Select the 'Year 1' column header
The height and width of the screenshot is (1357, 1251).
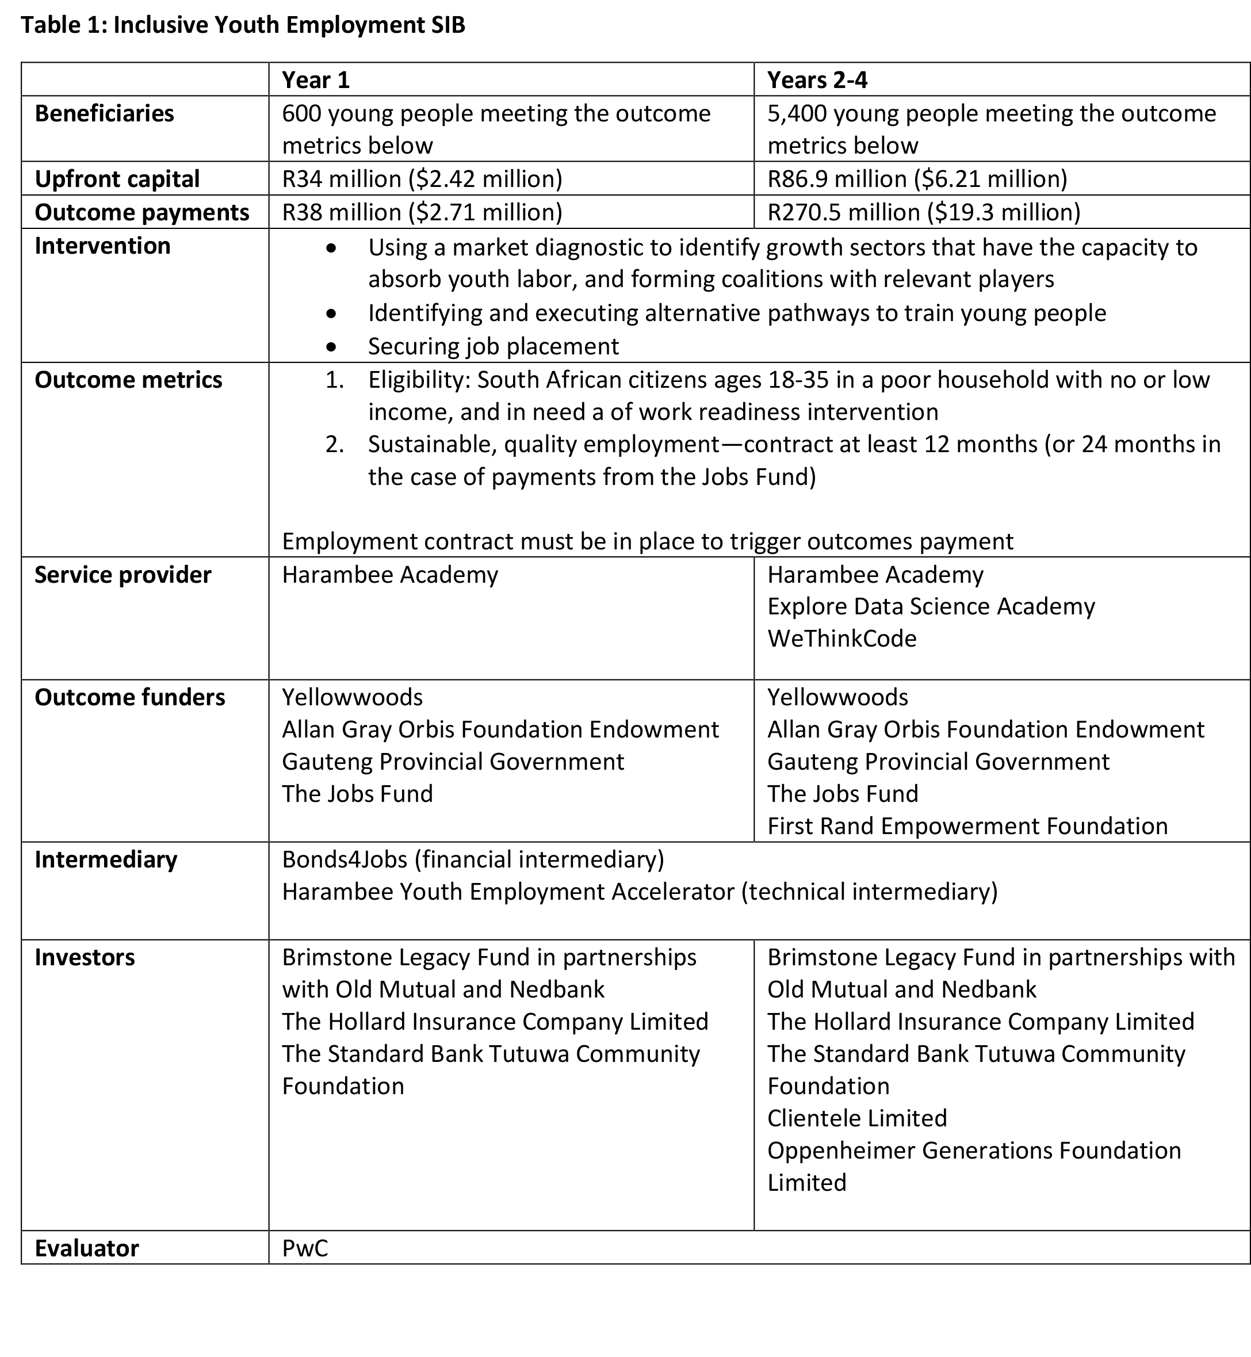pos(315,80)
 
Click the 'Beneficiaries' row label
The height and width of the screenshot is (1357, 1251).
pos(104,113)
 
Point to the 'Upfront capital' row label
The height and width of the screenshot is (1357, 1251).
pos(117,179)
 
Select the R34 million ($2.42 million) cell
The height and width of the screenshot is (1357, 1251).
pos(422,179)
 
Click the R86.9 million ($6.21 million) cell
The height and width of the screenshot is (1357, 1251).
pos(917,179)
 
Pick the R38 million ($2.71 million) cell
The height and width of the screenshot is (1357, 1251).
pos(422,212)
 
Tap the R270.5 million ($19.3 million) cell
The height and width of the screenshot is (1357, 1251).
pos(923,212)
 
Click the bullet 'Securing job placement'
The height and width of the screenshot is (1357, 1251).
pos(493,346)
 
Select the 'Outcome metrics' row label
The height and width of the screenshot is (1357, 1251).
pos(128,380)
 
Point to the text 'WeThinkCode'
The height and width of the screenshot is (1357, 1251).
pos(841,639)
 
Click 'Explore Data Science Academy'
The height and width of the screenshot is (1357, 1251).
pos(931,606)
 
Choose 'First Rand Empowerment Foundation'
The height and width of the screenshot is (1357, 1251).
pos(967,826)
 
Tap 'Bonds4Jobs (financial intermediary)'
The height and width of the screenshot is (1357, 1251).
pos(473,859)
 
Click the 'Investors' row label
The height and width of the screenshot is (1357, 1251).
pos(85,957)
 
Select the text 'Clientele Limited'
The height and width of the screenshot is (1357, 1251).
pos(856,1118)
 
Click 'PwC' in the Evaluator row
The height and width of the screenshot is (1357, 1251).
pos(305,1248)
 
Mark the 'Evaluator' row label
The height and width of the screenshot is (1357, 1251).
pos(87,1248)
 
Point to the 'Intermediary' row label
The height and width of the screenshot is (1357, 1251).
pos(106,859)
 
